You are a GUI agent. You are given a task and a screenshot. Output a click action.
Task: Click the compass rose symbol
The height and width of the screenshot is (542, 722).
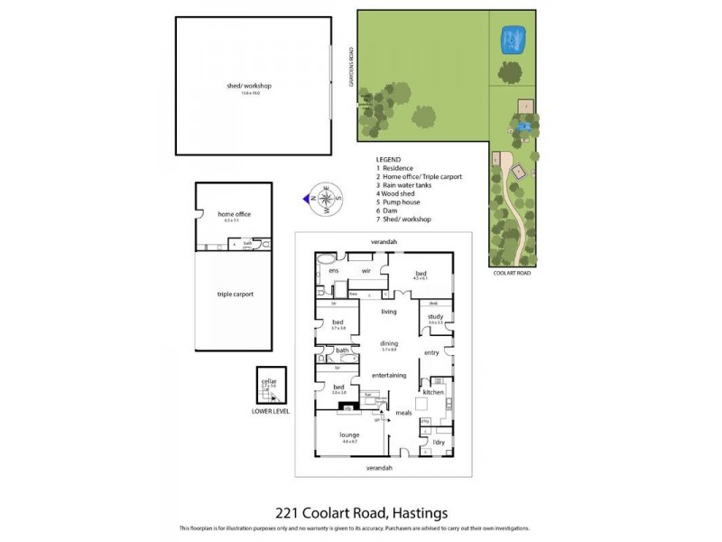pos(326,198)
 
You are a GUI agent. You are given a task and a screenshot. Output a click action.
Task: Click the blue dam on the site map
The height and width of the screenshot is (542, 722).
pos(514,40)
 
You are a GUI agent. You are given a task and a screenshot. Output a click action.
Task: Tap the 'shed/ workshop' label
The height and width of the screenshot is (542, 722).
pos(249,86)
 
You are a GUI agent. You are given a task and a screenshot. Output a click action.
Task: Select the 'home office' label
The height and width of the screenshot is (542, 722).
pos(234,214)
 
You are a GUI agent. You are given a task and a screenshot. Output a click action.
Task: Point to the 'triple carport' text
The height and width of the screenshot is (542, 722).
pos(235,294)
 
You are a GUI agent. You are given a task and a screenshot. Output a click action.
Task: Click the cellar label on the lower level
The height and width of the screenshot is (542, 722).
pos(268,382)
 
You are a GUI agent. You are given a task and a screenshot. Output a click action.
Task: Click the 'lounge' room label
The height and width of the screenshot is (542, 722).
pos(349,435)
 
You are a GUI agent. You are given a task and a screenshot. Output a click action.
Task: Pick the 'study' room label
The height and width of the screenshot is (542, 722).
pos(435,316)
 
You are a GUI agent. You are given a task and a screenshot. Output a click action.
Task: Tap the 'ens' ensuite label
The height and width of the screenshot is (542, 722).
pos(333,270)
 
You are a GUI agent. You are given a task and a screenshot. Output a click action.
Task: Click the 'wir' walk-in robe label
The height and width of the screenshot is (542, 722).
pos(367,270)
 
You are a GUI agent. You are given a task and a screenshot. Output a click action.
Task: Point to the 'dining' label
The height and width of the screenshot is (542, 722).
pos(388,343)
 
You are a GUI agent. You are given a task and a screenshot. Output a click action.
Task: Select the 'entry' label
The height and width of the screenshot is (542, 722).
pos(431,352)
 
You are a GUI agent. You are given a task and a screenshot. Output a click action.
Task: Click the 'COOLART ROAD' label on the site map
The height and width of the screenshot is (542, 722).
pos(511,272)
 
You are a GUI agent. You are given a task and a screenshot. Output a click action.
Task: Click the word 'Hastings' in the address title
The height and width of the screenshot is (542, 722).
pos(418,513)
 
